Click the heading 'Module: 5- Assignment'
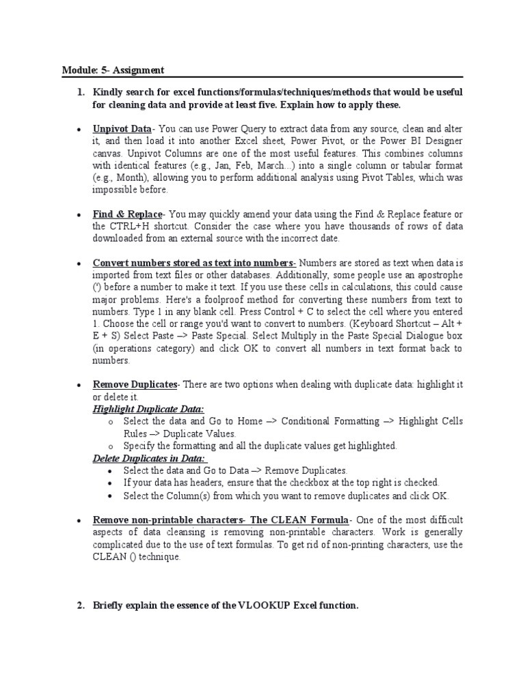(x=113, y=70)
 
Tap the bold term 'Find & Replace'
(x=127, y=214)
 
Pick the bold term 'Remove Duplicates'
(x=135, y=384)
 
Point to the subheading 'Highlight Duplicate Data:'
(x=148, y=409)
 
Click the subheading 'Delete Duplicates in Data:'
(x=150, y=458)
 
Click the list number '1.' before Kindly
(x=81, y=91)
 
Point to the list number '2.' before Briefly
(x=81, y=605)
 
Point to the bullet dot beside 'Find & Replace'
(x=80, y=215)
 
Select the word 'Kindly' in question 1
(x=109, y=91)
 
